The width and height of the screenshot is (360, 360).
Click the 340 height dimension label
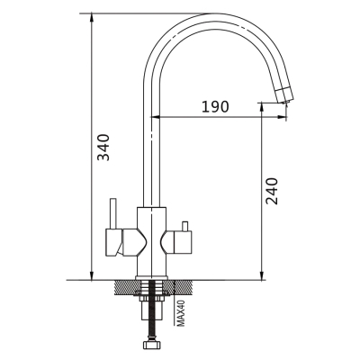pos(103,148)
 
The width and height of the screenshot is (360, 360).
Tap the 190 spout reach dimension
pos(215,106)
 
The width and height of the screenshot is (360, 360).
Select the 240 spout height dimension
pos(273,191)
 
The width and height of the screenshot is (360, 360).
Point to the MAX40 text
pos(180,313)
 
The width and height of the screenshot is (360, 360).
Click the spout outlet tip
pos(286,103)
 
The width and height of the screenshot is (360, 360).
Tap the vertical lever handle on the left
pos(112,213)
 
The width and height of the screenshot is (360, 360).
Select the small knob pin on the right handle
pos(184,226)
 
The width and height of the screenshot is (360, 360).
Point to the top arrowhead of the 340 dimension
pos(91,17)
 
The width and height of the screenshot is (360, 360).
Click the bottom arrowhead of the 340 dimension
pos(91,276)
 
